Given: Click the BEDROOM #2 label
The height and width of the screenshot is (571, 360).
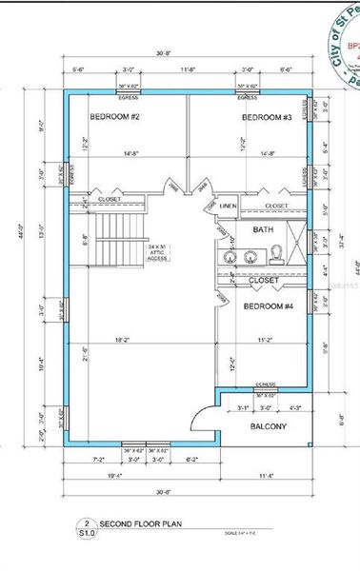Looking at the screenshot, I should coord(115,117).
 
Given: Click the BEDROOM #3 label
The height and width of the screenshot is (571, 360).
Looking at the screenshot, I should coord(266,117).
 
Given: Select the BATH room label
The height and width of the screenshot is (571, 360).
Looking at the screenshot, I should coord(263,230).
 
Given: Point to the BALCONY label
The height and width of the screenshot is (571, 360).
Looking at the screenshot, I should coord(268,427).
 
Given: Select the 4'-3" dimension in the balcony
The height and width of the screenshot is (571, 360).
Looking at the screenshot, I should coord(295,409).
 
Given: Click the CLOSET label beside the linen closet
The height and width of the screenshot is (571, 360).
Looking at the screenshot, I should coord(275,205).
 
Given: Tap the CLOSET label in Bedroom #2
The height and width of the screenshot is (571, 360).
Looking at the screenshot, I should coord(110,199).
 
